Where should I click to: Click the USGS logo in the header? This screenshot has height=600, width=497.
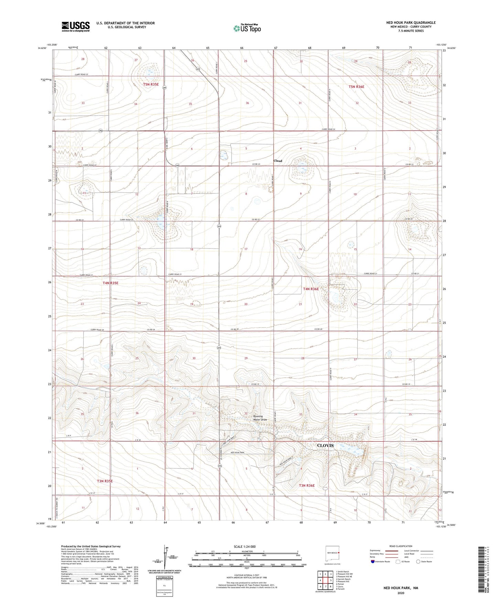coord(76,26)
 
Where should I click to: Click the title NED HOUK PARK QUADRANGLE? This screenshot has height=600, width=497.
coord(411,23)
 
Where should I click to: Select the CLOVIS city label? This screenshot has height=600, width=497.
coord(325,445)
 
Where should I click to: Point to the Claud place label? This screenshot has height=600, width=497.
coord(278,161)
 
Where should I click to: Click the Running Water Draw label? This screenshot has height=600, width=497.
coord(260,418)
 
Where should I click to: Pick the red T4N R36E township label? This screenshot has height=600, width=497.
coord(311,289)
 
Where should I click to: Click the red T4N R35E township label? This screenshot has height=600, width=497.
coord(110,283)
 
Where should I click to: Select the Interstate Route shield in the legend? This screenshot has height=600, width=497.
coord(373,562)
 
